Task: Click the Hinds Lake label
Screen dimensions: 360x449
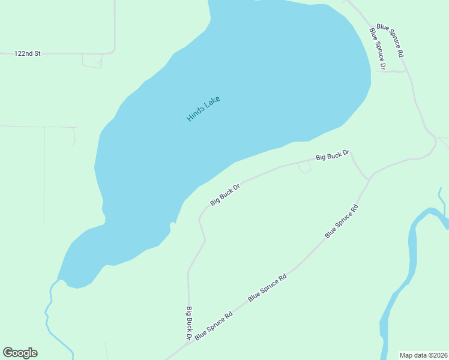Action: click(x=203, y=109)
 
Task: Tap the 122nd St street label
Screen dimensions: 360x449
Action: click(x=27, y=53)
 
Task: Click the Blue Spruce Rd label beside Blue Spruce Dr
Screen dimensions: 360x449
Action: click(x=391, y=41)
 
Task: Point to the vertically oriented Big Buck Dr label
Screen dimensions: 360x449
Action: click(x=188, y=323)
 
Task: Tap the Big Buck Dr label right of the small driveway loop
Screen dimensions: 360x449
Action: click(x=333, y=156)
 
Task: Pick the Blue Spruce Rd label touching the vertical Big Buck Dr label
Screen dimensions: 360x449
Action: click(x=213, y=325)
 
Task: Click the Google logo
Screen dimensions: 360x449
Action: click(x=20, y=353)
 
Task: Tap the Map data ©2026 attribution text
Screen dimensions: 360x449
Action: click(x=423, y=355)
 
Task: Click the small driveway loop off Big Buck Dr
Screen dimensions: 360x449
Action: click(x=304, y=169)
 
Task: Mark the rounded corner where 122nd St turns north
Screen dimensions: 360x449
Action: click(x=113, y=51)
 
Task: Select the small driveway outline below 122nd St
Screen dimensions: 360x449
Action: click(x=92, y=61)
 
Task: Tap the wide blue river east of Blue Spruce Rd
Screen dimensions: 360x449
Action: click(x=412, y=252)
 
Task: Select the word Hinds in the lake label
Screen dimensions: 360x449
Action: click(x=196, y=113)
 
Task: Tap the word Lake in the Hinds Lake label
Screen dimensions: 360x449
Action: click(x=212, y=102)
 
